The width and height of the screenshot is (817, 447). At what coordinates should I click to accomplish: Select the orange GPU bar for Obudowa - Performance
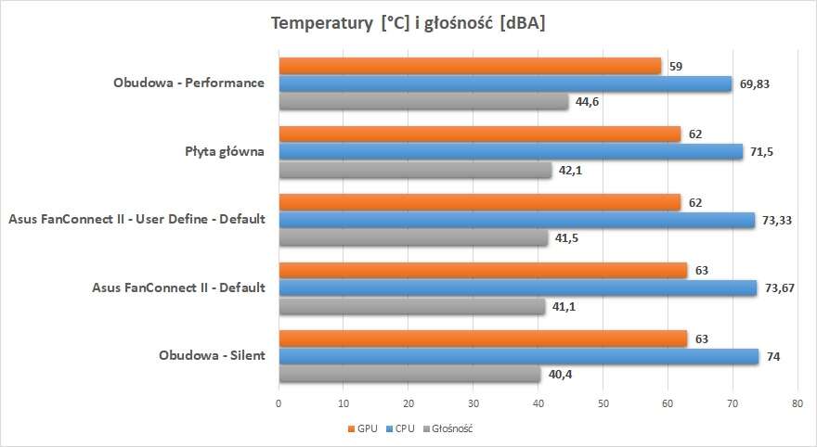click(470, 66)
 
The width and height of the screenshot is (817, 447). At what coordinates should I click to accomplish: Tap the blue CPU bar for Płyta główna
click(511, 151)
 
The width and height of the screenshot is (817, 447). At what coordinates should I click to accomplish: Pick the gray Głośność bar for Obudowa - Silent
click(409, 375)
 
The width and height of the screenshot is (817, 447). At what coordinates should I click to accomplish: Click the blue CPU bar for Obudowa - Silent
click(518, 357)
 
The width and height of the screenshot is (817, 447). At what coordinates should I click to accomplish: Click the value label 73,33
click(777, 220)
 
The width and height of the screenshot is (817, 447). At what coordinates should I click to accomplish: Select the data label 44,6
click(587, 102)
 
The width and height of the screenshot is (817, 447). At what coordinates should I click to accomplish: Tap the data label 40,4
click(560, 375)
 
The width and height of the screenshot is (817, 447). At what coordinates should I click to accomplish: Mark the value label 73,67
click(780, 288)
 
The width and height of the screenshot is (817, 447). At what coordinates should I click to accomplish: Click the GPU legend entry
click(363, 428)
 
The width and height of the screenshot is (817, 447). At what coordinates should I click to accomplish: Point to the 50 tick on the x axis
click(603, 403)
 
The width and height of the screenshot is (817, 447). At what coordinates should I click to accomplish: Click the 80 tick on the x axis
click(797, 403)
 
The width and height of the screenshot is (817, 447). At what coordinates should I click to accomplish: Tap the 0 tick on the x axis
click(279, 403)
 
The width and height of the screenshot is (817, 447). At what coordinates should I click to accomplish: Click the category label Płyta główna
click(225, 151)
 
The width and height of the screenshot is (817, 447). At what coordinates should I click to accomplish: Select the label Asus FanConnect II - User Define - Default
click(136, 220)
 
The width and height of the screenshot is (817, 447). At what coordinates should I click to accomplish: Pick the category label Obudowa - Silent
click(212, 357)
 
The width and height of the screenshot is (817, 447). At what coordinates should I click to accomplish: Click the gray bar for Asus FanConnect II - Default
click(411, 306)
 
